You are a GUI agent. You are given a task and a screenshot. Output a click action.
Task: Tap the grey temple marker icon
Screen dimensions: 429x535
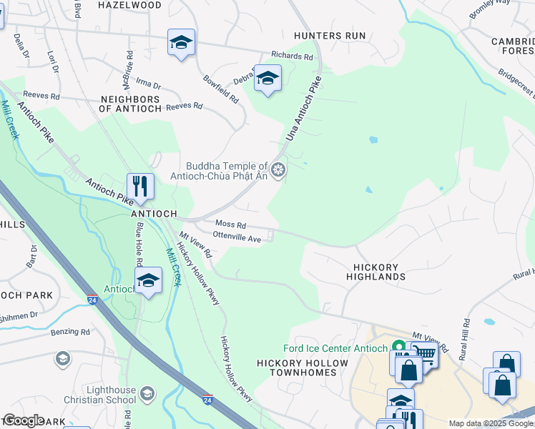[x=279, y=170]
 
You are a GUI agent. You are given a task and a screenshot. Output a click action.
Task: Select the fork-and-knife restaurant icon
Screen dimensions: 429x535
[x=140, y=187]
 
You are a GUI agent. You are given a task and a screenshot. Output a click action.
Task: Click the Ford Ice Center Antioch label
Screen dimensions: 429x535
[x=335, y=348]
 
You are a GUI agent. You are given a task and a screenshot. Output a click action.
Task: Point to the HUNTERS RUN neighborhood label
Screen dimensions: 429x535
[x=330, y=36]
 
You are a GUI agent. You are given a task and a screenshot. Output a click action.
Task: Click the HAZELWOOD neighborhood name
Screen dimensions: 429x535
[x=129, y=4]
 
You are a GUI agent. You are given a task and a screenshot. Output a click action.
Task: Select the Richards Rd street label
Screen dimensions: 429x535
[x=292, y=56]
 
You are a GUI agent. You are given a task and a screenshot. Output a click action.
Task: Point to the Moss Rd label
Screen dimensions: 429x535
[x=230, y=225]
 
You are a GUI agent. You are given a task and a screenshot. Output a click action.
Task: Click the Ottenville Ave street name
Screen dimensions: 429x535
[x=237, y=239]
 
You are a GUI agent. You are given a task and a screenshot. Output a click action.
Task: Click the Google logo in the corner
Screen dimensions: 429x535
[x=23, y=420]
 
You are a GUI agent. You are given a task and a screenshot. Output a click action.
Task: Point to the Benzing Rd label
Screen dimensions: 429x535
[x=70, y=332]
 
